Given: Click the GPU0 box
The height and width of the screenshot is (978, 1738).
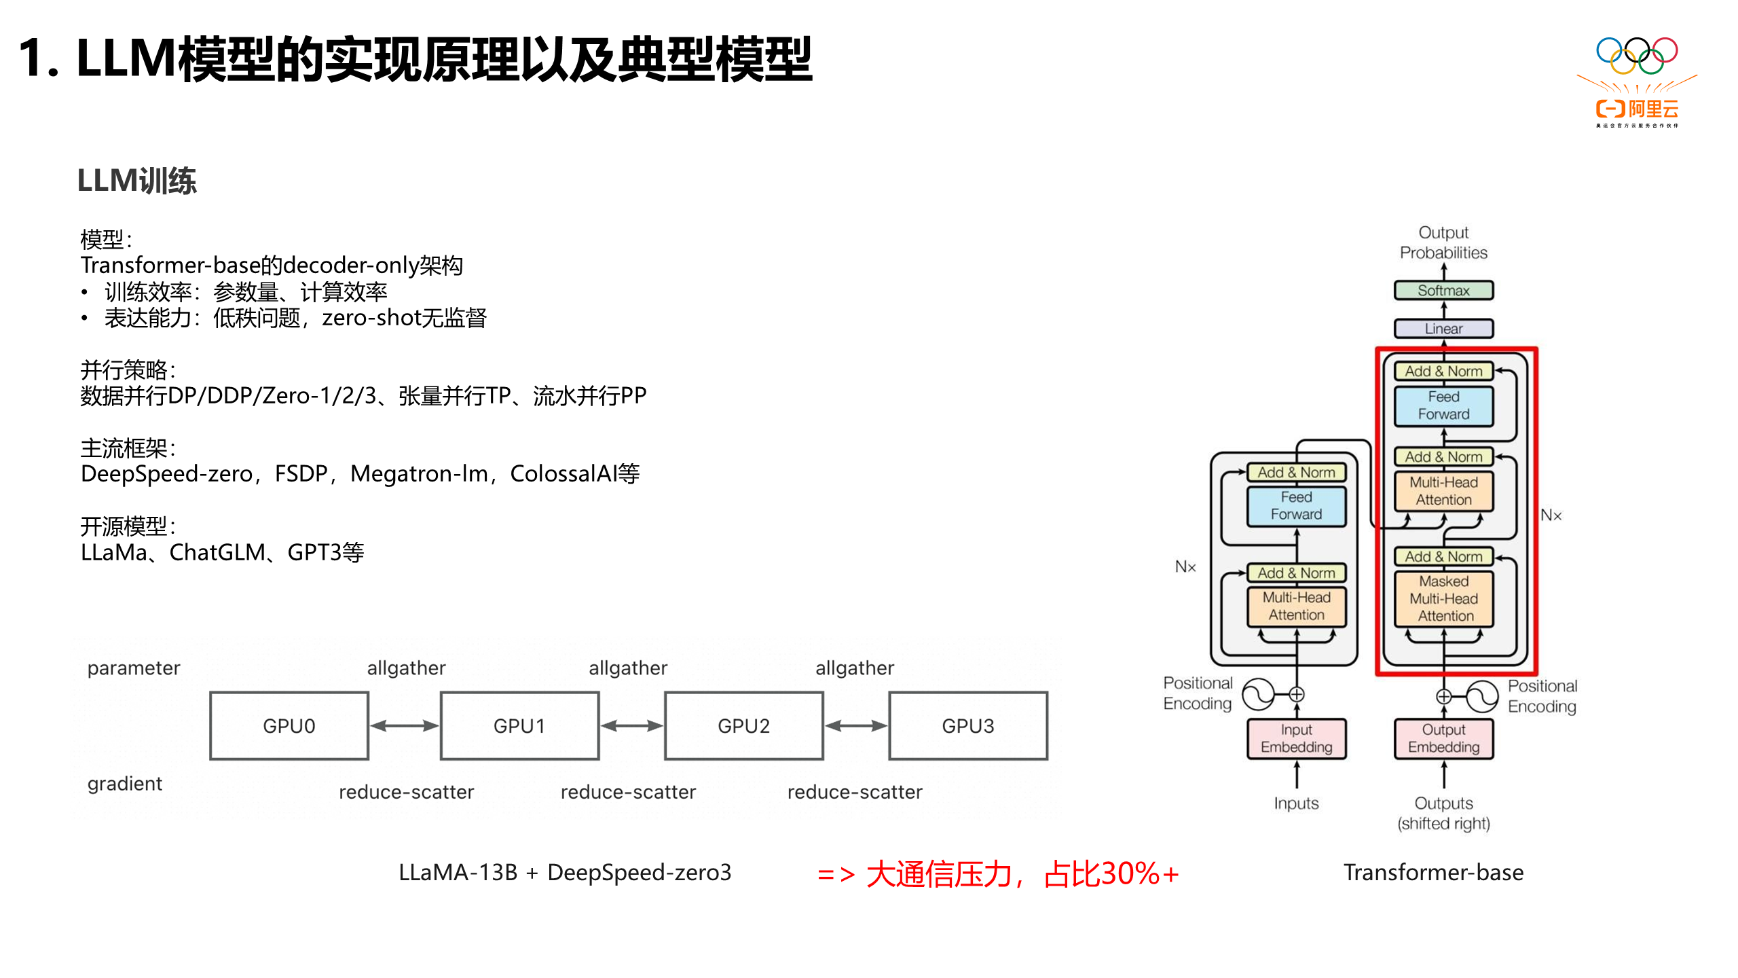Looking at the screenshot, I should (289, 725).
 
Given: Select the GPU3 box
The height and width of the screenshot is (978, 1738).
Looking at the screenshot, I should (967, 725).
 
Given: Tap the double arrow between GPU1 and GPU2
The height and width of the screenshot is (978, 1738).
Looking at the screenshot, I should (631, 725).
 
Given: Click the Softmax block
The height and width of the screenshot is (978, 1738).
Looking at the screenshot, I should (1443, 291).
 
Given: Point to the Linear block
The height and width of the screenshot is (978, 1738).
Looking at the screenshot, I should (1443, 329).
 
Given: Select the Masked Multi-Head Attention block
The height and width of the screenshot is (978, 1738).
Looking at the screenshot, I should (1444, 598).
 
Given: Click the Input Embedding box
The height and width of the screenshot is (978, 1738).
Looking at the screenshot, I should (1296, 738).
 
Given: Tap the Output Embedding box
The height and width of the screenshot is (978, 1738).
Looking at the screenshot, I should (1443, 738).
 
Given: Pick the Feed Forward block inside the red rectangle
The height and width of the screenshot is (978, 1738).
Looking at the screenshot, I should (1443, 405).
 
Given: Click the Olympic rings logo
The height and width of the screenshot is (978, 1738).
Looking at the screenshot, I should (1636, 56).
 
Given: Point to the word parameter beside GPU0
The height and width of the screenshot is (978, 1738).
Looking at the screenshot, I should (134, 668).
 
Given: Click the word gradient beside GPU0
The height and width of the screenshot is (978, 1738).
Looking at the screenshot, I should (125, 784).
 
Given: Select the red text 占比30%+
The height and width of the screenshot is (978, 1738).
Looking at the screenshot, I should (1111, 873).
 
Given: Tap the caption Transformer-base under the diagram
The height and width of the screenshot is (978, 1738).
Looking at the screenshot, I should (1433, 873).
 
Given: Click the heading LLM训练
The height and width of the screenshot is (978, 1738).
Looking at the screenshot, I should (137, 181).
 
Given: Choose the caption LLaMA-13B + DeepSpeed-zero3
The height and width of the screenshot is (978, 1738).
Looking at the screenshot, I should (565, 873).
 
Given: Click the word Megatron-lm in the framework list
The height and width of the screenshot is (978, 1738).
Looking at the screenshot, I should (419, 474).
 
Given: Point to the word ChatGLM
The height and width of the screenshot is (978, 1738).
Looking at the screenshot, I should (217, 553).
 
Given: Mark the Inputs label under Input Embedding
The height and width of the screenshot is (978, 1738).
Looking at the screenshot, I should (1296, 803).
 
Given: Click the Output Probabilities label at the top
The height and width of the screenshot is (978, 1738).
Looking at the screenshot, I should (1443, 242).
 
